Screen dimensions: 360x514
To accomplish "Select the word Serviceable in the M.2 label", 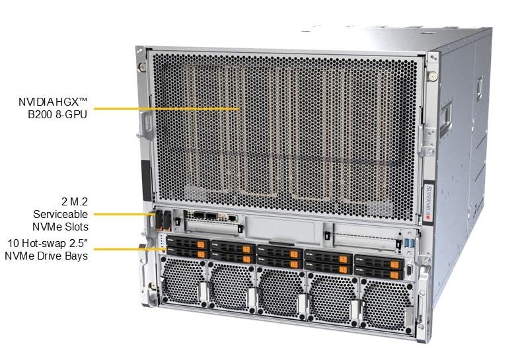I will click(x=60, y=213).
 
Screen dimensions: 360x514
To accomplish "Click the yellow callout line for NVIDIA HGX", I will click(x=165, y=108).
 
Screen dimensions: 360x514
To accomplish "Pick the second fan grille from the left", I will click(x=231, y=288).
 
